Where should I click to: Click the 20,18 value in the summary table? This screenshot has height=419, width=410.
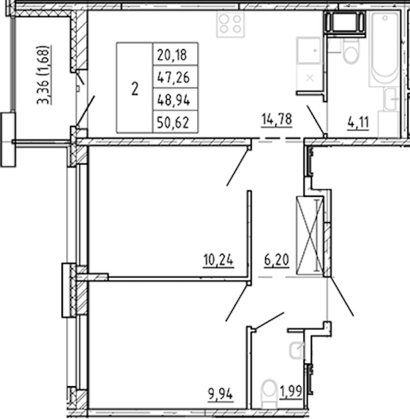pyautogui.click(x=172, y=55)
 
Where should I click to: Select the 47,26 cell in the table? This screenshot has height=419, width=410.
pyautogui.click(x=174, y=78)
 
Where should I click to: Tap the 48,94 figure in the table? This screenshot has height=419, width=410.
pyautogui.click(x=174, y=100)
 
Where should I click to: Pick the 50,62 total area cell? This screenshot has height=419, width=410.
pyautogui.click(x=174, y=122)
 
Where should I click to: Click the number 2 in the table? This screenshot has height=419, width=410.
pyautogui.click(x=135, y=89)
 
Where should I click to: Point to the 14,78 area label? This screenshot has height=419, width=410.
pyautogui.click(x=277, y=119)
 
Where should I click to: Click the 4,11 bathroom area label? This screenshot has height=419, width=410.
pyautogui.click(x=358, y=122)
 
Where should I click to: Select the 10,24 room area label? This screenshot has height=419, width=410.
pyautogui.click(x=219, y=260)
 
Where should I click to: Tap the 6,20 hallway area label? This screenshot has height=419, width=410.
pyautogui.click(x=277, y=260)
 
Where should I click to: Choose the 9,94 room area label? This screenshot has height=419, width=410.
pyautogui.click(x=220, y=394)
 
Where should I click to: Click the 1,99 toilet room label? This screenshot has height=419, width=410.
pyautogui.click(x=291, y=392)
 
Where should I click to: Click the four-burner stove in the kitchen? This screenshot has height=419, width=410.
pyautogui.click(x=230, y=25)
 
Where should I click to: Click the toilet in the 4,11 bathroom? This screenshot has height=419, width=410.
pyautogui.click(x=351, y=53)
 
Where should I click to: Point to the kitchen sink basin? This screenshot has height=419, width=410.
pyautogui.click(x=309, y=50)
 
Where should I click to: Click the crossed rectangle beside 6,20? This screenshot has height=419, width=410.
pyautogui.click(x=310, y=235)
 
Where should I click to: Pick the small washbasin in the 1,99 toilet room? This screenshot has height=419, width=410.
pyautogui.click(x=297, y=350)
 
